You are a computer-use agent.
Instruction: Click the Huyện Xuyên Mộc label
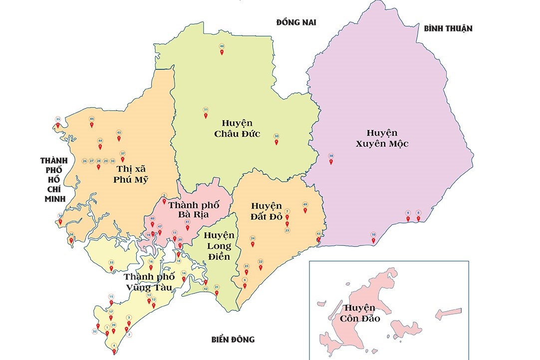(x=382, y=138)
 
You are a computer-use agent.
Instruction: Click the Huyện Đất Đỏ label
(x=267, y=211)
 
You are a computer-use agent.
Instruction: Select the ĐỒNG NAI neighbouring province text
(x=297, y=22)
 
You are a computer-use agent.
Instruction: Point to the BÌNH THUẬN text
(x=448, y=28)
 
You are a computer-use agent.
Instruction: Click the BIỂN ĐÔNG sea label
(x=233, y=340)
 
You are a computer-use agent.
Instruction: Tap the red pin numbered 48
(x=222, y=51)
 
